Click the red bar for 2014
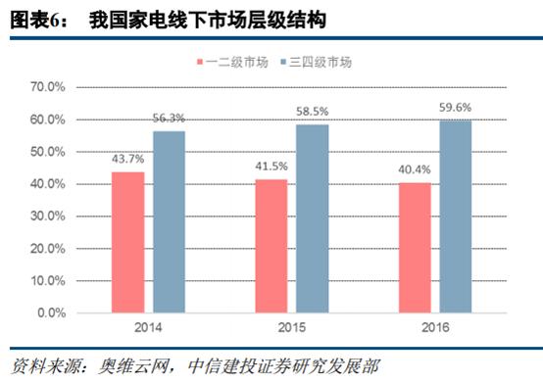[x=127, y=243]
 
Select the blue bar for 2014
[x=169, y=222]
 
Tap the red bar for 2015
[x=271, y=247]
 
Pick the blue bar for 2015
[x=313, y=218]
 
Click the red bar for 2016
[x=416, y=249]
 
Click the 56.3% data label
[x=170, y=119]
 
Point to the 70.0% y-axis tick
[x=47, y=87]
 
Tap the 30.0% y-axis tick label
[x=47, y=217]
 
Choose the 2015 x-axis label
[x=292, y=331]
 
